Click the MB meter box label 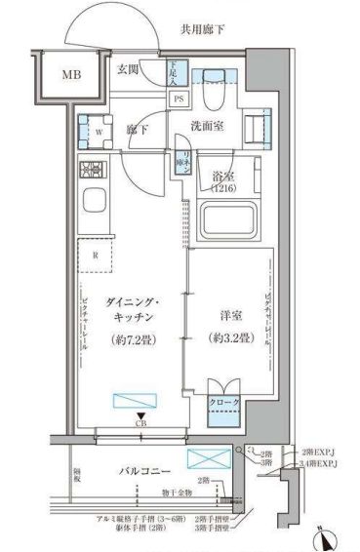click(x=72, y=74)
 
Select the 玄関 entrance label click(x=130, y=69)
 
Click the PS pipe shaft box click(x=179, y=99)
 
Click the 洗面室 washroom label click(x=207, y=124)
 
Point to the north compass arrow click(x=326, y=535)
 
